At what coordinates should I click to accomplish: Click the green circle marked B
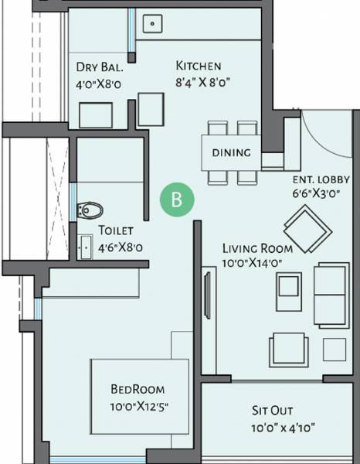point(177,200)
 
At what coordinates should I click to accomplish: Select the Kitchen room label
point(199,66)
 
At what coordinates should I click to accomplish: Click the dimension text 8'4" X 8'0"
point(204,80)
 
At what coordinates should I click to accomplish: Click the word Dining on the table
point(231,152)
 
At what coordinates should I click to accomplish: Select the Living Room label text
point(257,248)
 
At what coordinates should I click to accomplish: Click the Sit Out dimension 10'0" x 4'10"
point(283,427)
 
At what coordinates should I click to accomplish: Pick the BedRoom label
point(138,390)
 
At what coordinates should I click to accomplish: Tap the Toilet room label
point(116,230)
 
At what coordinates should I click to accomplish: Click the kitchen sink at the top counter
point(153,24)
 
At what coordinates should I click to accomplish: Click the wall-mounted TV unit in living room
point(207,292)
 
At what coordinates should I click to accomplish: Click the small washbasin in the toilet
point(84,247)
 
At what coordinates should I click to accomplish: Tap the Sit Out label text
point(271,410)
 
